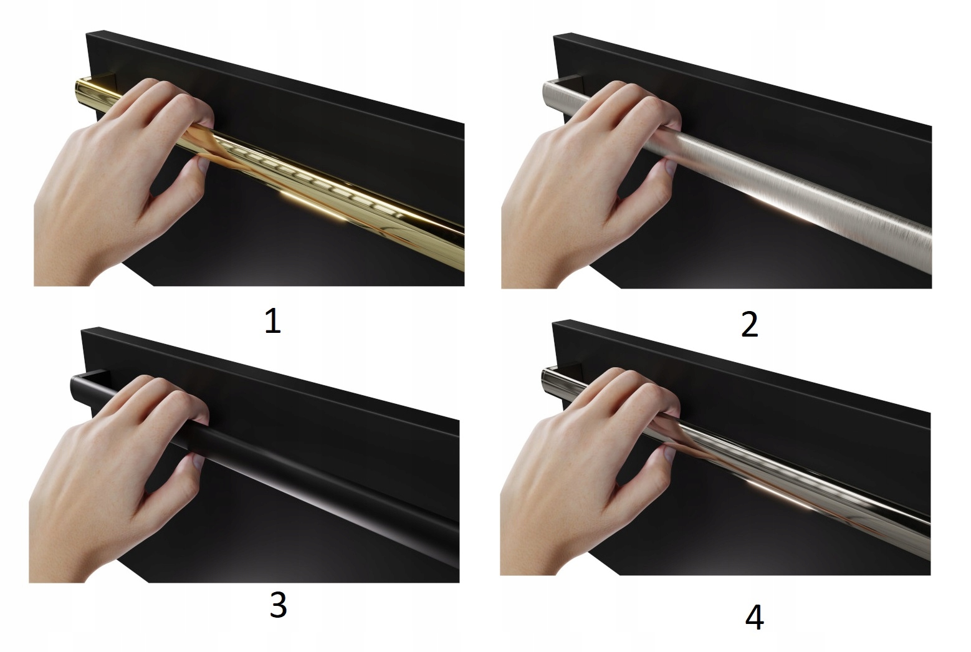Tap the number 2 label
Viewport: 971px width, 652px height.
750,325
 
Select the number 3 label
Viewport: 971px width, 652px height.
278,605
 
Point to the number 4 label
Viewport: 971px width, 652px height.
754,617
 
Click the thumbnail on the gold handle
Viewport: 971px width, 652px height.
202,164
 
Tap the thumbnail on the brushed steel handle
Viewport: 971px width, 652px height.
669,167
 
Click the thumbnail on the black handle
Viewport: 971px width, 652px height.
198,462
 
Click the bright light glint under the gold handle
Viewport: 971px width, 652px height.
313,206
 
